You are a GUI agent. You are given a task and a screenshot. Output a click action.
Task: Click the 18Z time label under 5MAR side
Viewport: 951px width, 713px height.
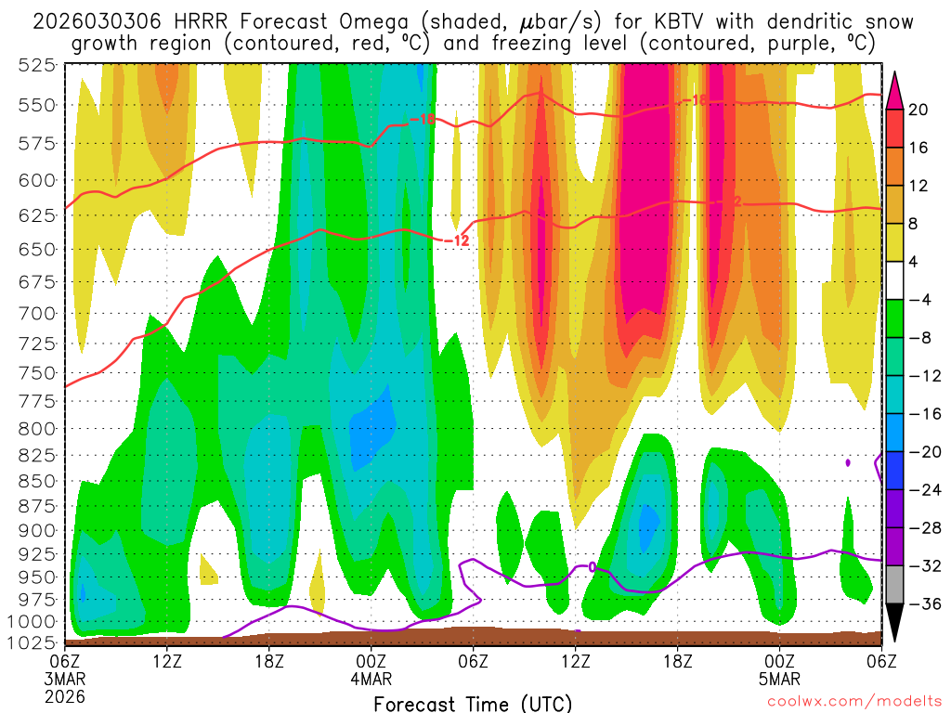pyautogui.click(x=677, y=660)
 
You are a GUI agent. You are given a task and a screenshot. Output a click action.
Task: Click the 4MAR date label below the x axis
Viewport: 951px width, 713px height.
pyautogui.click(x=371, y=678)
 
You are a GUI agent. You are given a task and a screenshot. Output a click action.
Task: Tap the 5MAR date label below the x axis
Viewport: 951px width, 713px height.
pyautogui.click(x=779, y=678)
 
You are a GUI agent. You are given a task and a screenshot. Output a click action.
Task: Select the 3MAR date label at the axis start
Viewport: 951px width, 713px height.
pyautogui.click(x=64, y=678)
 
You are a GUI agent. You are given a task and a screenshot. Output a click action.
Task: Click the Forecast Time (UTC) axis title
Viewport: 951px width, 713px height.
pyautogui.click(x=473, y=703)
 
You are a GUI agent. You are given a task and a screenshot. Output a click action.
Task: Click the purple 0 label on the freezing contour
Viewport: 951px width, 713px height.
pyautogui.click(x=593, y=566)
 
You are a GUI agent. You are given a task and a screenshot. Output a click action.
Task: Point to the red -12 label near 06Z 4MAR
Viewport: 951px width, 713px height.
pyautogui.click(x=456, y=240)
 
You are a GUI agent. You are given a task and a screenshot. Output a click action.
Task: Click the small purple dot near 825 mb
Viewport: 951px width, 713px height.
pyautogui.click(x=848, y=461)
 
